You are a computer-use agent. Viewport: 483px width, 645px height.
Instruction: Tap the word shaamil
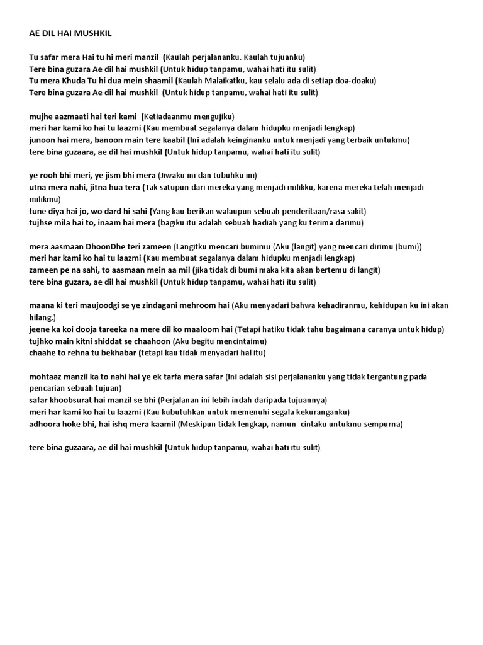157,81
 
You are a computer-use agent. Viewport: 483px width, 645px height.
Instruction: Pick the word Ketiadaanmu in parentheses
169,116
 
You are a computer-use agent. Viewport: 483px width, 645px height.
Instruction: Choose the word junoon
42,140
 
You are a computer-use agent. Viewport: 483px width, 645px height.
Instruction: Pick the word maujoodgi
106,305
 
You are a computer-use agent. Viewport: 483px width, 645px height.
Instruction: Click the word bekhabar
116,353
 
